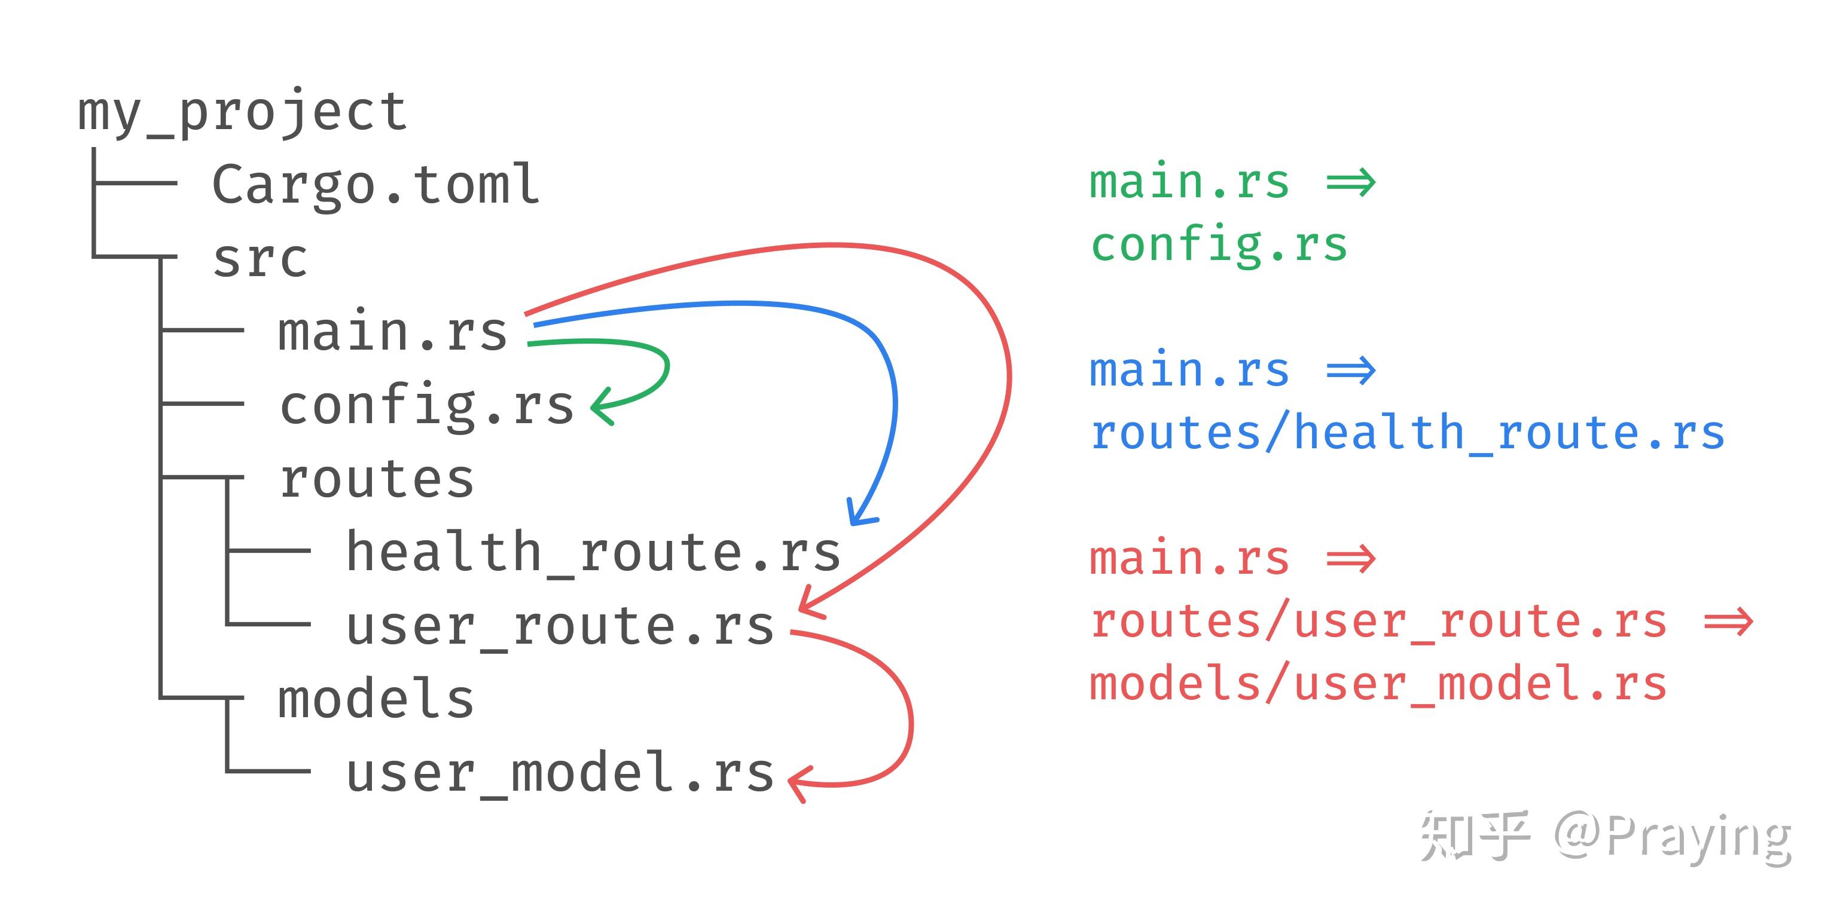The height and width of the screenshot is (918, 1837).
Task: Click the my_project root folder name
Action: click(242, 112)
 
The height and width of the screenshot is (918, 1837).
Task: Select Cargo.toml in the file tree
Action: click(376, 184)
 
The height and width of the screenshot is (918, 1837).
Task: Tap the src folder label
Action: click(260, 259)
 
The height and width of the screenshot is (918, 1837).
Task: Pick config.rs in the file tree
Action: click(426, 406)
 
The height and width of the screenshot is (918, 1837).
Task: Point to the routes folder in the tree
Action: click(377, 479)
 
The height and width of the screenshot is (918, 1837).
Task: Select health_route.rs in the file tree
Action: click(593, 552)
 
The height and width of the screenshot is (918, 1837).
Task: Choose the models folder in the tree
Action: click(376, 698)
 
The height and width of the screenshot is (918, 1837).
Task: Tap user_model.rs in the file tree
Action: click(560, 774)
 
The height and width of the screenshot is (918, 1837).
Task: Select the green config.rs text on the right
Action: click(1219, 245)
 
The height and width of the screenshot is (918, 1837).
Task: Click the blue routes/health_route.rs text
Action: click(1408, 432)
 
